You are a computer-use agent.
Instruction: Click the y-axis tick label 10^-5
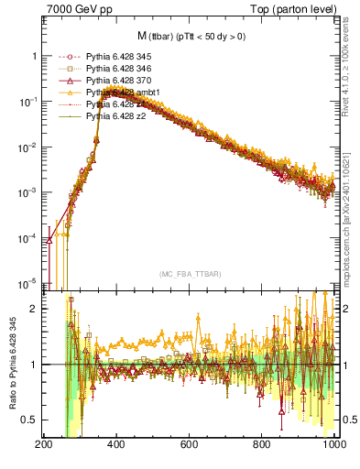[x=26, y=282]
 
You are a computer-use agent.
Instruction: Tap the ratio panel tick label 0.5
[x=29, y=420]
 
